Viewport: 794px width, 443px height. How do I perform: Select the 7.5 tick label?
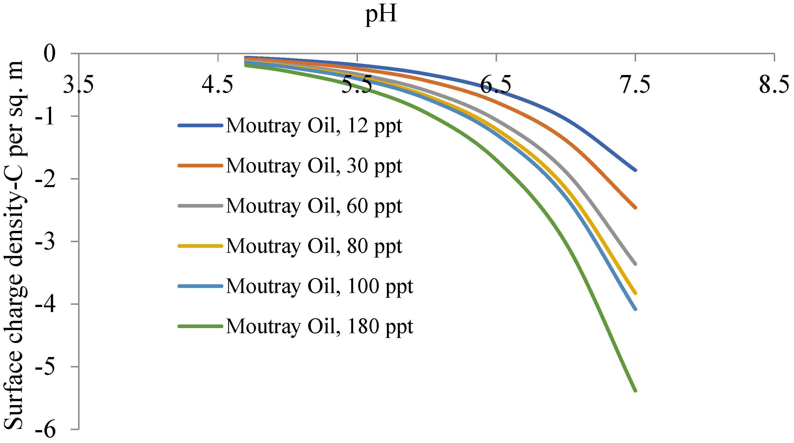tap(636, 85)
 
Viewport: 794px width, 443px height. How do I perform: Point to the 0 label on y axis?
tap(49, 53)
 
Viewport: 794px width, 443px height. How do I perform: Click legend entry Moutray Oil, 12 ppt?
tap(314, 126)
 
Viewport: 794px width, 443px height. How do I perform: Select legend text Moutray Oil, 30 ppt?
tap(314, 165)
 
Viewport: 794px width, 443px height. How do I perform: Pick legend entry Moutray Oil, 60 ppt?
tap(314, 206)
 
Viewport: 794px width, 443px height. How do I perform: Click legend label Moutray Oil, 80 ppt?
tap(314, 246)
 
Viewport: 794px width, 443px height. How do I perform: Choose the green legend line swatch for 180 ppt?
tap(200, 326)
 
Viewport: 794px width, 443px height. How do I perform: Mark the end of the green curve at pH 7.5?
tap(635, 390)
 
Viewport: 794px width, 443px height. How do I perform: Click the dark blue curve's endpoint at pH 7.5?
tap(635, 170)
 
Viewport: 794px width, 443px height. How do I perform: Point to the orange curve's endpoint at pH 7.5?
tap(635, 208)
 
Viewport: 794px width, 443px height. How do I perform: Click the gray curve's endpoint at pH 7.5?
tap(635, 264)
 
